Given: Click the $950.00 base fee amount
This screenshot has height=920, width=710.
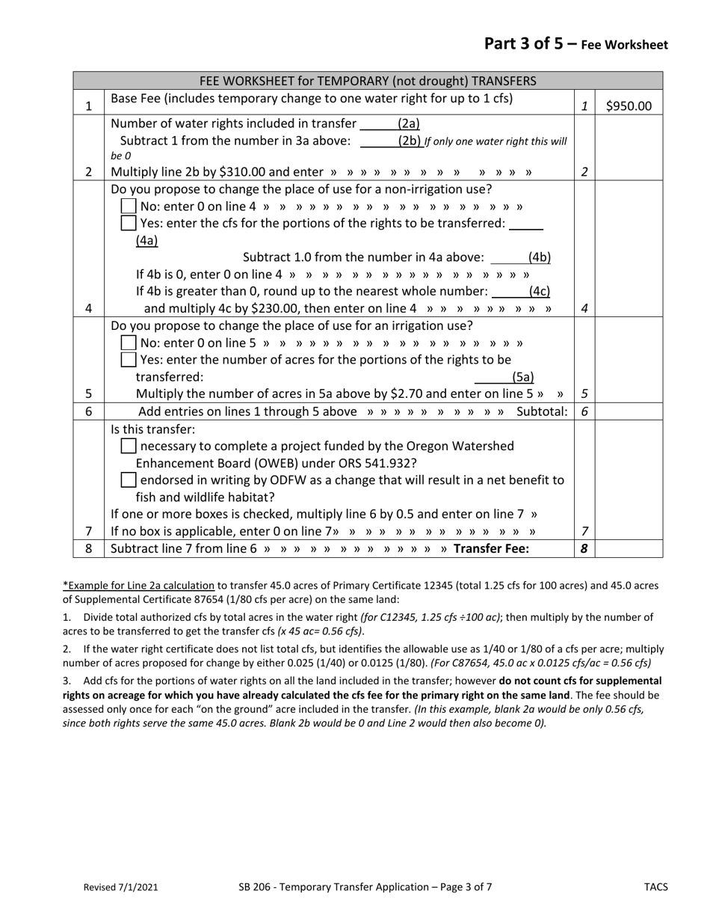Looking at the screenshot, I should pos(628,106).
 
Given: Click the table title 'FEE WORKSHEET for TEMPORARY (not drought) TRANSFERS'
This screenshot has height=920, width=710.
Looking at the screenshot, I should pos(368,81).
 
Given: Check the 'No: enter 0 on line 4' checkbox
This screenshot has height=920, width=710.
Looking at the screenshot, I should pos(129,206).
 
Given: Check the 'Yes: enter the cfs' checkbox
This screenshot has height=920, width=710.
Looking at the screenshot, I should pos(129,223).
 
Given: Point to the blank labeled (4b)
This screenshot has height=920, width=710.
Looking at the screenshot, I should pos(507,258).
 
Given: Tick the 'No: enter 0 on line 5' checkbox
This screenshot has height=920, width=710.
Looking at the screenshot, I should pos(129,343).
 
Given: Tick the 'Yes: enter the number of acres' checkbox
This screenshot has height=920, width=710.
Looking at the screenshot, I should pos(129,360).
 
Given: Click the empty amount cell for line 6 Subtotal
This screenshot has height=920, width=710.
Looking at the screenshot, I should pos(629,411).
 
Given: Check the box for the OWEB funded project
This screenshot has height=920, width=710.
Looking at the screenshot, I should pos(129,447).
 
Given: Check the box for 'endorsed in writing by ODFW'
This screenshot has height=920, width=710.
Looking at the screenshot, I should pos(129,480).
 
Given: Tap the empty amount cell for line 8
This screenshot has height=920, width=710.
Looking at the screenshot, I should pos(629,548).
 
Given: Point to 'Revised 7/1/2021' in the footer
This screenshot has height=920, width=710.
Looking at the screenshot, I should pos(120,888).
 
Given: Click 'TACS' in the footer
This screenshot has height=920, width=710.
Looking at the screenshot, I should pos(655,888).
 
